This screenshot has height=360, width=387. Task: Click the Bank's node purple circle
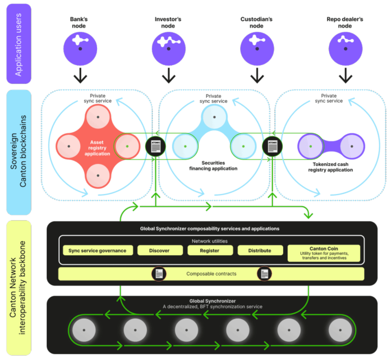tap(80, 49)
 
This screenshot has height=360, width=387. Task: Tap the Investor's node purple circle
tap(168, 49)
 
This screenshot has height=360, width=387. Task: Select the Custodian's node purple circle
tap(257, 49)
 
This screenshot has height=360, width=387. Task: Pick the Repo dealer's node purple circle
tap(345, 49)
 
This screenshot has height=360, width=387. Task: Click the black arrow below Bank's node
tap(80, 76)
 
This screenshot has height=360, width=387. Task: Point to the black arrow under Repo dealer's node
tap(345, 76)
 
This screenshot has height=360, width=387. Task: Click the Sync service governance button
tap(97, 251)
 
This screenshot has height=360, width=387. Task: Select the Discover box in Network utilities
tap(159, 251)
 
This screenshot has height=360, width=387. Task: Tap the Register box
tap(210, 251)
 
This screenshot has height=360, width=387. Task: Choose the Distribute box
tap(260, 251)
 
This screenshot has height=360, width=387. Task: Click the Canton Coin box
tap(324, 253)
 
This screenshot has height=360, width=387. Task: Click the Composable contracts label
tap(211, 274)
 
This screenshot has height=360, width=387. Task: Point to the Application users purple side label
tap(19, 44)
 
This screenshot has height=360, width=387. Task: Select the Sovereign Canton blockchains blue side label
tap(19, 152)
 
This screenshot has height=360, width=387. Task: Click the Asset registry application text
tap(97, 148)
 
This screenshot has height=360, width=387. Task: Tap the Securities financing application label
tap(213, 166)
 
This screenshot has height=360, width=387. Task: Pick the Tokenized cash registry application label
tap(331, 167)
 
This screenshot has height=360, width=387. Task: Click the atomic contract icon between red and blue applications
tap(156, 146)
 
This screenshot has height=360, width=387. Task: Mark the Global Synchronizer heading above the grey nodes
tap(212, 301)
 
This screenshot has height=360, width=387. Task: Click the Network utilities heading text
tap(209, 241)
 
